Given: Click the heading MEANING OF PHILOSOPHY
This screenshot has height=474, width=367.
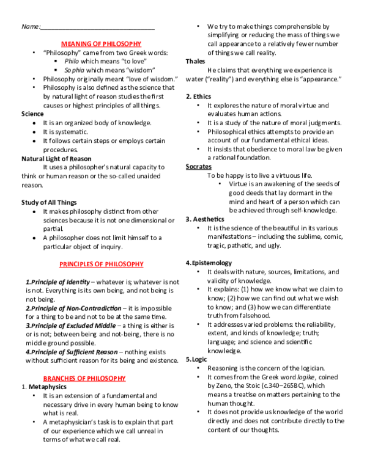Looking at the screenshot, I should click(101, 44).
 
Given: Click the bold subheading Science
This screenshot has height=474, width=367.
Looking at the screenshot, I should click(32, 114).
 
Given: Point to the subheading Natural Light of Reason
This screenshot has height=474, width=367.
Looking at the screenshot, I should click(56, 158).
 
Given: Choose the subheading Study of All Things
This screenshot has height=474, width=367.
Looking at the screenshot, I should click(49, 202).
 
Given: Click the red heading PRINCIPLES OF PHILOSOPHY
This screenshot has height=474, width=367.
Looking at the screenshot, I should click(101, 264).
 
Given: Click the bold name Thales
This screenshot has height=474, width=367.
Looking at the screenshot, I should click(197, 62).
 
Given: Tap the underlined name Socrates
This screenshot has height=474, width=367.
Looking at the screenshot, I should click(199, 166).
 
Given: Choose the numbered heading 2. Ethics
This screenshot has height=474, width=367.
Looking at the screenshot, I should click(199, 97).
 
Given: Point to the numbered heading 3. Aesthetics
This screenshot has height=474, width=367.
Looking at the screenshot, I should click(206, 219).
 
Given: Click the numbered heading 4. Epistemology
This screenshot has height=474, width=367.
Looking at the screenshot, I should click(209, 263).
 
